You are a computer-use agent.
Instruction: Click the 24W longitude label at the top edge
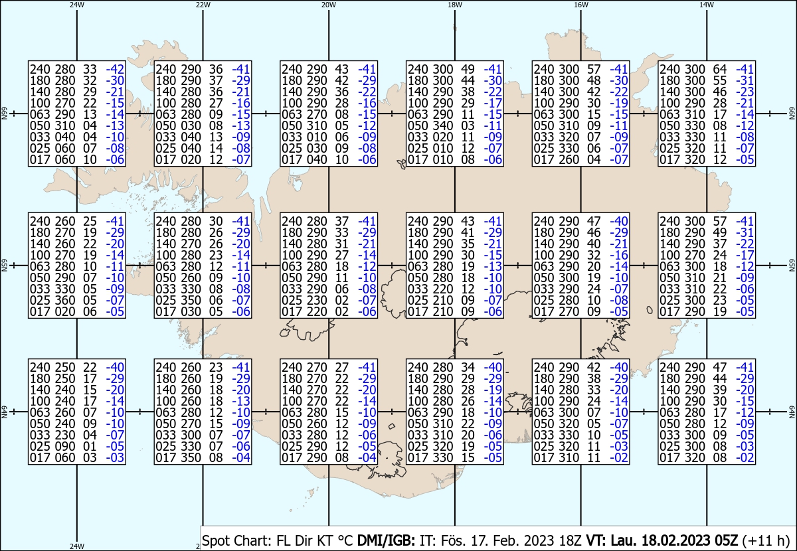click(x=77, y=5)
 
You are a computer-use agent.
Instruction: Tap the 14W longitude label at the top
click(x=707, y=5)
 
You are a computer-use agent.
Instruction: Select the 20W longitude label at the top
click(x=329, y=5)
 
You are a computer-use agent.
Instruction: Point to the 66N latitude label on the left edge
click(x=4, y=114)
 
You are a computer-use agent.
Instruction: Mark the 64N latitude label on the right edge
click(x=792, y=412)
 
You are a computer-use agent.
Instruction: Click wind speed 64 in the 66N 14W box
click(x=720, y=69)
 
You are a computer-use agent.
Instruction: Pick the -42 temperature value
click(x=115, y=69)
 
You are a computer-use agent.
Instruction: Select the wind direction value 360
click(x=65, y=300)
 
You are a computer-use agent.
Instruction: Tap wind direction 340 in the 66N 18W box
click(x=443, y=125)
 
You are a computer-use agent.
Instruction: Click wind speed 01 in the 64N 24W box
click(x=90, y=446)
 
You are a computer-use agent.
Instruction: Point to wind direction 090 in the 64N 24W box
click(x=65, y=446)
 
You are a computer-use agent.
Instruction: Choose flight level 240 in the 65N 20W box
click(x=292, y=221)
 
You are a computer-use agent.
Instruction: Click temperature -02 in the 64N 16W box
click(x=619, y=457)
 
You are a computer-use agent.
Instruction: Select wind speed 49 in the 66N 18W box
click(x=468, y=69)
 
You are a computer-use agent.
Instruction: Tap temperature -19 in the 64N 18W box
click(x=493, y=390)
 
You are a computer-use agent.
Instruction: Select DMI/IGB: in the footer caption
click(x=386, y=540)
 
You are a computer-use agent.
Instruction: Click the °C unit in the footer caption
click(x=344, y=540)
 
